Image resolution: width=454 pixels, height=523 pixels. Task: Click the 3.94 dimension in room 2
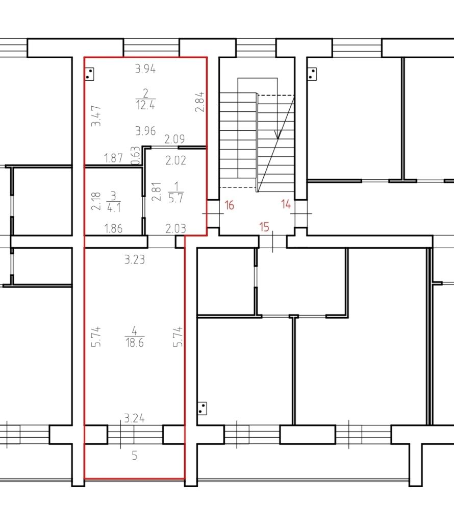point(145,69)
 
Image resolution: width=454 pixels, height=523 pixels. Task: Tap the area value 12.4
point(145,106)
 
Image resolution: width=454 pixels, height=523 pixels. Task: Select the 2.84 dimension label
point(200,102)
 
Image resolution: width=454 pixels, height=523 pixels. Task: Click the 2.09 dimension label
point(174,139)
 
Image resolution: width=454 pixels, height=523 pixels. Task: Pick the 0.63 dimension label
point(135,156)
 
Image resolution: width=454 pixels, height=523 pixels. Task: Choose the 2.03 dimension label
point(176,229)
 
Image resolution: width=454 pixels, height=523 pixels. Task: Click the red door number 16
point(229,206)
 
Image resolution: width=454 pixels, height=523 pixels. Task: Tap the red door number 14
point(285,205)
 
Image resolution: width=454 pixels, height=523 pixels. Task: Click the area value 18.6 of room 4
point(134,343)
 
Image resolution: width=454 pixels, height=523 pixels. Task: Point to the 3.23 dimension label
point(134,260)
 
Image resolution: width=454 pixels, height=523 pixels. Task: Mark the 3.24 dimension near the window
point(135,419)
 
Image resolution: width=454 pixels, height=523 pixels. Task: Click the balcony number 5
point(134,456)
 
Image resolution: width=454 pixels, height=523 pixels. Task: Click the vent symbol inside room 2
point(90,75)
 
